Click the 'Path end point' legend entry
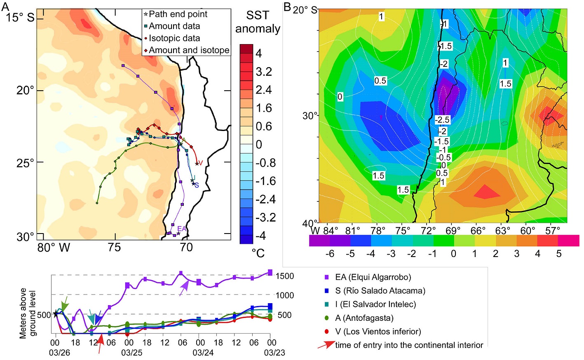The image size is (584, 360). point(178,14)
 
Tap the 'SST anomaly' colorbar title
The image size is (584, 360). point(258,22)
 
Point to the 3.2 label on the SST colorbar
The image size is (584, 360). point(264,72)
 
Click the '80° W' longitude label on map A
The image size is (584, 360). point(54,248)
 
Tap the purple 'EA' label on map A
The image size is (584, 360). point(181,229)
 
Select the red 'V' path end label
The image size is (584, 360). point(201,163)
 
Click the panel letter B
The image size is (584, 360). point(287,7)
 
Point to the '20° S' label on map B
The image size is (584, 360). point(305,10)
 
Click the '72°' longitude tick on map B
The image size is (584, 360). point(428,231)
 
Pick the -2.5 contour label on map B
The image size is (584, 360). point(442,120)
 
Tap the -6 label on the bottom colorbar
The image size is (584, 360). point(330,254)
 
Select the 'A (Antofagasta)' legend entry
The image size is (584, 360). point(364,318)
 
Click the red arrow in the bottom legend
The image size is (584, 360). point(326,345)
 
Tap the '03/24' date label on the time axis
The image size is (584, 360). point(203,353)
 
